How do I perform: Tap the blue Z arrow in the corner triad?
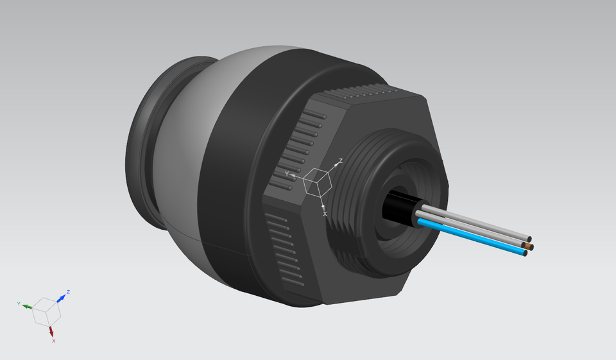(62, 296)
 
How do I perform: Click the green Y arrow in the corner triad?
(28, 306)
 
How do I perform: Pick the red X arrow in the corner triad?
(51, 330)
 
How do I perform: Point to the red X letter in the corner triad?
(53, 341)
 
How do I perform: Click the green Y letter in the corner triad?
(19, 303)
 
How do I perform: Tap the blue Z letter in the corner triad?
(68, 292)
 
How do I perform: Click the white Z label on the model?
(341, 160)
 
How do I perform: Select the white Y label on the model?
(287, 173)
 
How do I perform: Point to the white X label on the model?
(325, 213)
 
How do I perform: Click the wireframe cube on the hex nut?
(316, 182)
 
